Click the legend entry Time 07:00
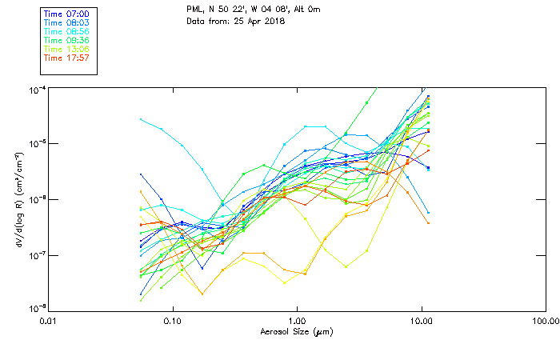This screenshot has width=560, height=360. click(x=66, y=14)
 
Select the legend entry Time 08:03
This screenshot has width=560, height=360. click(x=66, y=23)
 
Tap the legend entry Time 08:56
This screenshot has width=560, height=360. click(x=66, y=32)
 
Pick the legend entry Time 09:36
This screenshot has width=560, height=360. click(x=66, y=41)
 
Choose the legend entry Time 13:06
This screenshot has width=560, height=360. click(x=66, y=50)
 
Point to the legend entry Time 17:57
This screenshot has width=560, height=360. click(x=66, y=58)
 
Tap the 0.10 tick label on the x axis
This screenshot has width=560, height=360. click(x=172, y=321)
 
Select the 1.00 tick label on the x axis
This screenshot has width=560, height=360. click(x=297, y=321)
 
